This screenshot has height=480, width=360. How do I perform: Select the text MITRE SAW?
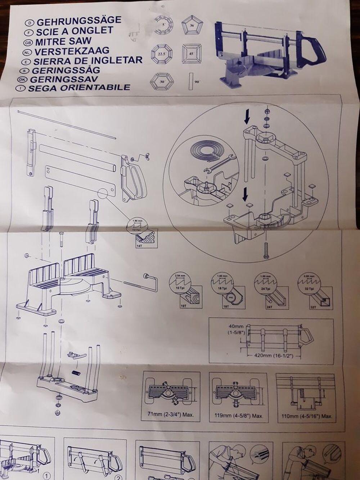tap(63, 41)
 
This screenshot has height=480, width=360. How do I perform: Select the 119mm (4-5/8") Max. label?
tap(238, 415)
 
